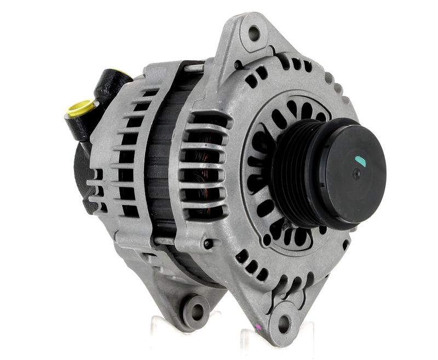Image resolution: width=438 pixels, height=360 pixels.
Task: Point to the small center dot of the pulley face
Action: [x=356, y=173]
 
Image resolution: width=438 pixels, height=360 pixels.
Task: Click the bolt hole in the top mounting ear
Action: [x=254, y=33]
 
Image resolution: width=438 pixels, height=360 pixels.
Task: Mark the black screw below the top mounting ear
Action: [x=237, y=65]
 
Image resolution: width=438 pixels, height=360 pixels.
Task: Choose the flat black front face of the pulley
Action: [x=350, y=175]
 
